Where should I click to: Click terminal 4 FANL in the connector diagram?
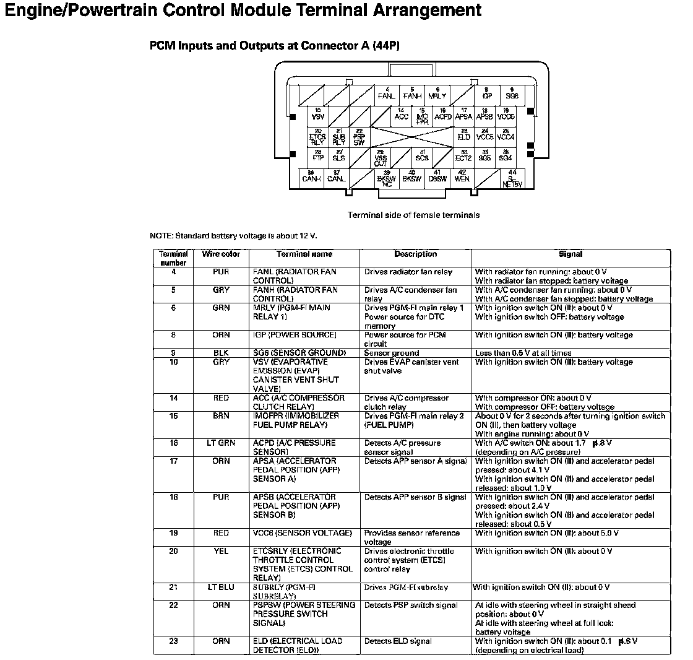pyautogui.click(x=387, y=94)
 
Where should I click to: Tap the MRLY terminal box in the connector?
pyautogui.click(x=437, y=94)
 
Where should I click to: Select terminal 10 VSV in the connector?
pyautogui.click(x=317, y=115)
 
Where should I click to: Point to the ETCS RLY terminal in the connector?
pyautogui.click(x=317, y=137)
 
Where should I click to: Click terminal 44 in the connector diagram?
pyautogui.click(x=512, y=178)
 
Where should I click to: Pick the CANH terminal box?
pyautogui.click(x=311, y=177)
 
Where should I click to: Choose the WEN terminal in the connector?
pyautogui.click(x=462, y=177)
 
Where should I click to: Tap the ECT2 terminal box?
pyautogui.click(x=463, y=157)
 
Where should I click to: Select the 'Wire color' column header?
pyautogui.click(x=221, y=254)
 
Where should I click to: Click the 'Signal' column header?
pyautogui.click(x=570, y=254)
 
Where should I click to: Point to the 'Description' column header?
pyautogui.click(x=415, y=254)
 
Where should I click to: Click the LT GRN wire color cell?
pyautogui.click(x=221, y=443)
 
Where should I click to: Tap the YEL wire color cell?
pyautogui.click(x=221, y=551)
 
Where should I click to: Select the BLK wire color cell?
pyautogui.click(x=221, y=353)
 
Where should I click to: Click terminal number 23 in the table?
pyautogui.click(x=173, y=641)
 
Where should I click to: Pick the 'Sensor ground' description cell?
pyautogui.click(x=392, y=354)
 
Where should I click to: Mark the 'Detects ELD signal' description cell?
pyautogui.click(x=398, y=641)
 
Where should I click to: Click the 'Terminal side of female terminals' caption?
pyautogui.click(x=413, y=215)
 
